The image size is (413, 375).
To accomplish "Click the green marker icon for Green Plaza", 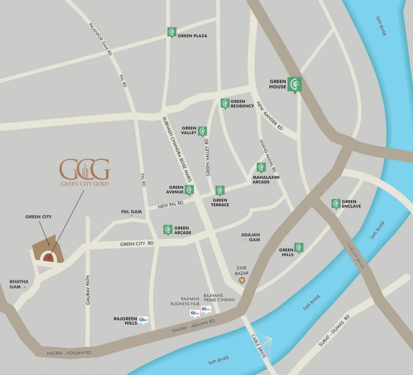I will (171, 32).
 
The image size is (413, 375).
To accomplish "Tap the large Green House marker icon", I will (294, 84).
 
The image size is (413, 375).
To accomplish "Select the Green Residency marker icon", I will (225, 103).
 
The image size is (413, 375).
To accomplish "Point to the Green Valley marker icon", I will (202, 131).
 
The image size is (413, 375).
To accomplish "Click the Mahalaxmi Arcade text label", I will (266, 179).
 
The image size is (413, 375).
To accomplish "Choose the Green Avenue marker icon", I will (189, 189).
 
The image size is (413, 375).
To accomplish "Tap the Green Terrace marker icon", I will (220, 190).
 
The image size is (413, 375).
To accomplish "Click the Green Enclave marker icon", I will (335, 204).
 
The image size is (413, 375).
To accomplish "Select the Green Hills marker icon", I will (298, 248).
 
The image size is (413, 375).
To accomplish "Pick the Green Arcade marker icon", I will (168, 229).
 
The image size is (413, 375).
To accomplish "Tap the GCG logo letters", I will (84, 169).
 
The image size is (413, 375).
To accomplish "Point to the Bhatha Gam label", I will (19, 284).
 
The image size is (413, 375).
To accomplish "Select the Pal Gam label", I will (131, 212).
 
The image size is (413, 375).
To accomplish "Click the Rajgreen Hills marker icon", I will (142, 320).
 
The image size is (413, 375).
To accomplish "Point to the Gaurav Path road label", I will (88, 291).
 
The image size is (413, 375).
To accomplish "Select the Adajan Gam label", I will (251, 237).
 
